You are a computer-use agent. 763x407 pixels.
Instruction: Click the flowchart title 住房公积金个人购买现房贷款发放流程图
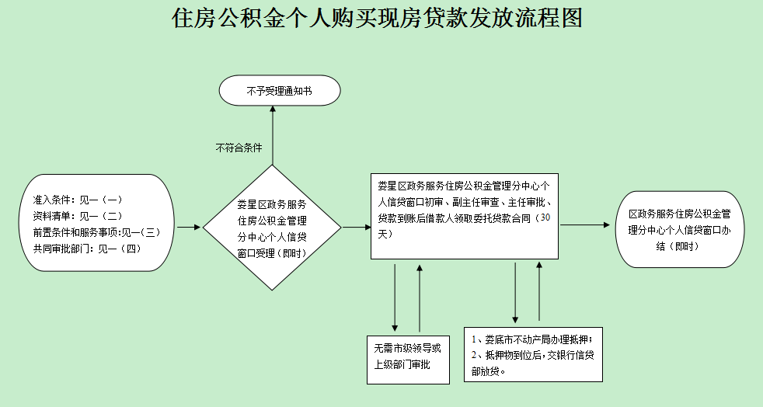378,19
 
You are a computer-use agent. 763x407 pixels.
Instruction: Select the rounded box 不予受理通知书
280,91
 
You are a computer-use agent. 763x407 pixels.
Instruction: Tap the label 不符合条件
239,147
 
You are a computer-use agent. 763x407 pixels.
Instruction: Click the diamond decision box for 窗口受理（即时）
272,229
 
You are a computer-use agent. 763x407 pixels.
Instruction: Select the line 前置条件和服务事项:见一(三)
96,232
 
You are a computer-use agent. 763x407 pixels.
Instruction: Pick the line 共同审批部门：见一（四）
86,249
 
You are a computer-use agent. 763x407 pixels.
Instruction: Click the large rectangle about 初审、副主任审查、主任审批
464,216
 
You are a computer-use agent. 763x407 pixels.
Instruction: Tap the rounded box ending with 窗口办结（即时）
674,230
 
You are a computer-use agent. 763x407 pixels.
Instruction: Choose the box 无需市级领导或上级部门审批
408,359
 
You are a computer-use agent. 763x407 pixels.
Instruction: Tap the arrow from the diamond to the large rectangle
356,228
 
